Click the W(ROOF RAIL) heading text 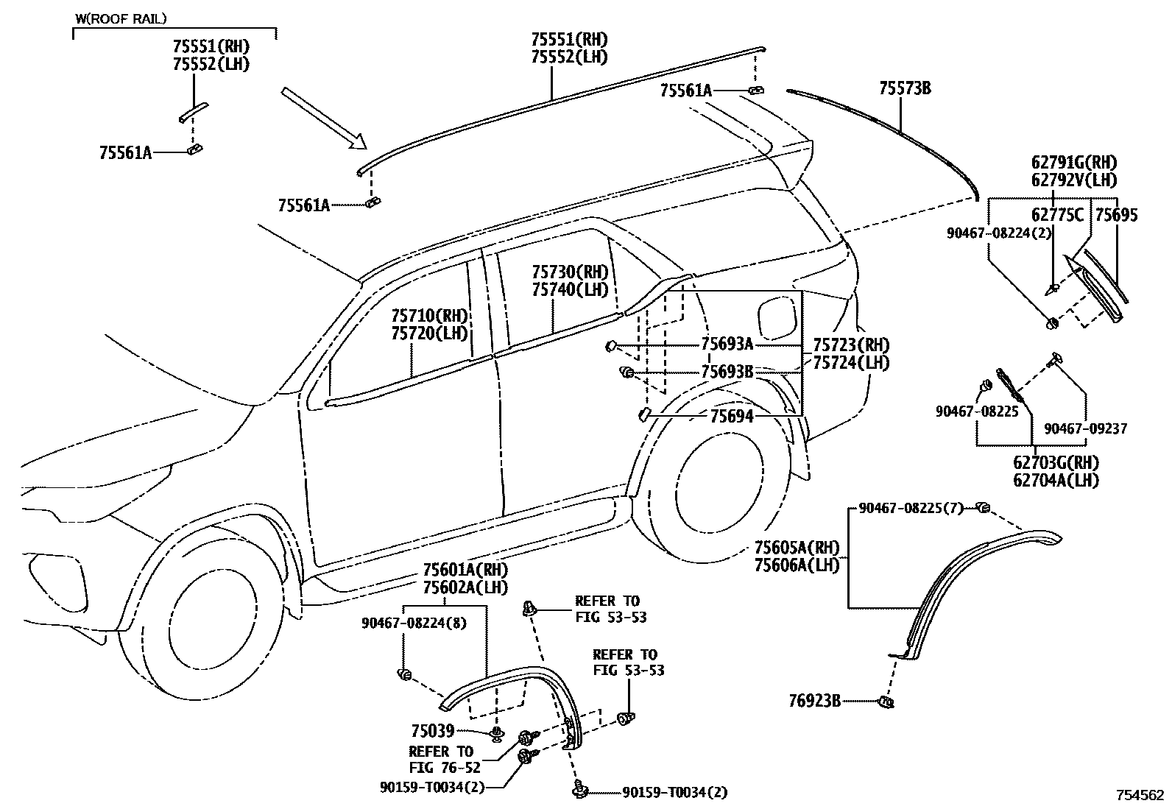[x=121, y=18]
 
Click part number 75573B [x=905, y=89]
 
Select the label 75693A [x=727, y=345]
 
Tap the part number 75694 [x=731, y=417]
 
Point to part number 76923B [x=814, y=701]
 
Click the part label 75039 [x=433, y=731]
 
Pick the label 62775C [x=1057, y=215]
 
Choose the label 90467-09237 [x=1085, y=428]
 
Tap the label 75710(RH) [x=429, y=316]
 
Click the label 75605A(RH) [x=797, y=548]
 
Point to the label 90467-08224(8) [x=414, y=623]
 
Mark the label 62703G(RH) [x=1055, y=463]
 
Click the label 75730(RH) [x=571, y=272]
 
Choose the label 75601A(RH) [x=465, y=570]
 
